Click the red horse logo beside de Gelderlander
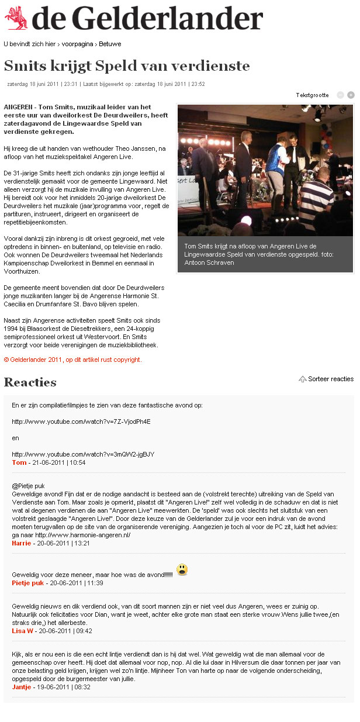(x=16, y=18)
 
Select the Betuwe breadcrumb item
(x=110, y=44)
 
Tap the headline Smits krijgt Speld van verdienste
(x=127, y=65)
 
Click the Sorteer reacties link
(x=330, y=379)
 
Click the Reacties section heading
(x=30, y=382)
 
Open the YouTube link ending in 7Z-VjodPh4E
(x=81, y=421)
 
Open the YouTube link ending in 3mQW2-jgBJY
(x=83, y=454)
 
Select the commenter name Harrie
(x=21, y=543)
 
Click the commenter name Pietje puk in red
(x=28, y=583)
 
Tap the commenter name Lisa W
(x=22, y=631)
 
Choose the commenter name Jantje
(x=22, y=687)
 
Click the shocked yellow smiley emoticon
(x=182, y=569)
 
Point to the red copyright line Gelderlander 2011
(x=73, y=360)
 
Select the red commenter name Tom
(x=19, y=462)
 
